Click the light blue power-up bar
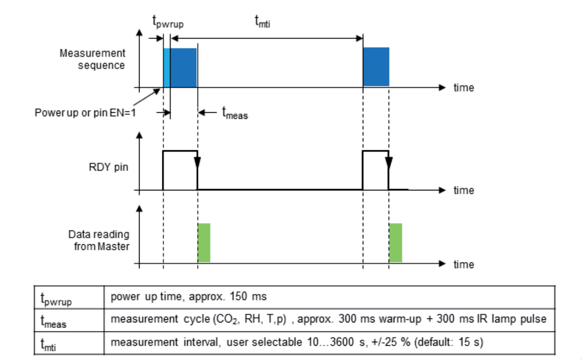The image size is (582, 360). pyautogui.click(x=166, y=68)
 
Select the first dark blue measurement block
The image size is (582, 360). pyautogui.click(x=183, y=68)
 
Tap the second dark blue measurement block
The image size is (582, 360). pyautogui.click(x=376, y=68)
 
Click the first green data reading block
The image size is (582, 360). pyautogui.click(x=204, y=243)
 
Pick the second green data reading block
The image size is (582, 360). pyautogui.click(x=396, y=243)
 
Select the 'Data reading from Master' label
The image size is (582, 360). pyautogui.click(x=99, y=240)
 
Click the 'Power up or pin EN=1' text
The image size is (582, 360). pyautogui.click(x=85, y=112)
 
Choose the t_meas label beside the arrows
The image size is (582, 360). pyautogui.click(x=235, y=113)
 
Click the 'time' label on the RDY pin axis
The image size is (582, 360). pyautogui.click(x=464, y=190)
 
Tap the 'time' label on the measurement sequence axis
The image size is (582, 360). pyautogui.click(x=464, y=88)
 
